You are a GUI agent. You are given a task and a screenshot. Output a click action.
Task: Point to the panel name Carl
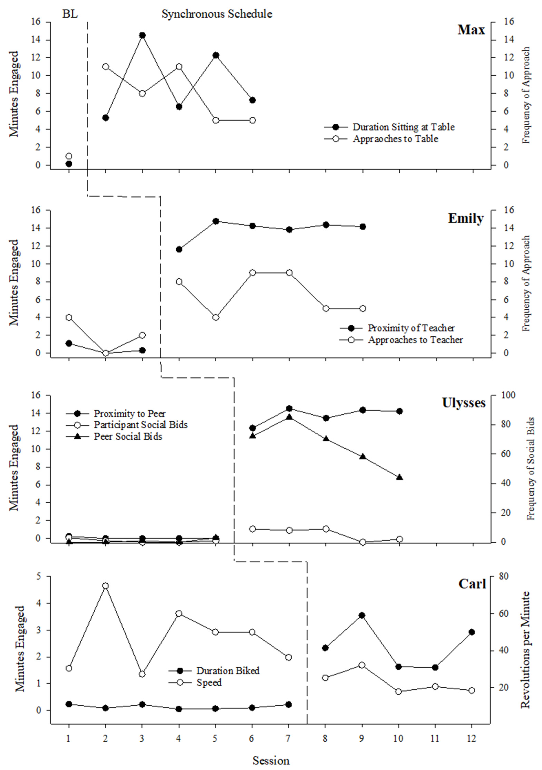[472, 584]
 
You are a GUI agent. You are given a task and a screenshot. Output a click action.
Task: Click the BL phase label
[70, 14]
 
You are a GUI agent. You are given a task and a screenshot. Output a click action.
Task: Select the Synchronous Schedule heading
[217, 14]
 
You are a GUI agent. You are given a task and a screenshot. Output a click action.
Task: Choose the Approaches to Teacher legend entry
[415, 340]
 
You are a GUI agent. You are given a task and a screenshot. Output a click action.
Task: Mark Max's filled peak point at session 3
[142, 35]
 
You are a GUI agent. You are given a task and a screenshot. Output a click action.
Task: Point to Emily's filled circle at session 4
[179, 249]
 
